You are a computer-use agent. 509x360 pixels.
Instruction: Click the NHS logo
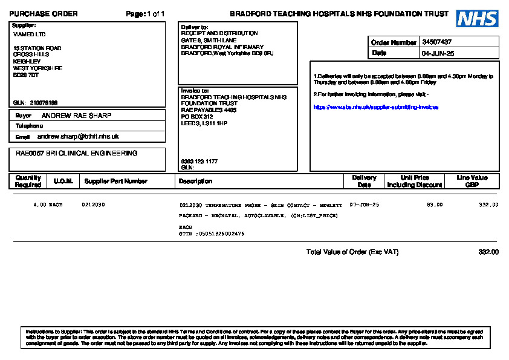tap(477, 19)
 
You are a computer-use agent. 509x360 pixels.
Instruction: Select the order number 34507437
tap(436, 42)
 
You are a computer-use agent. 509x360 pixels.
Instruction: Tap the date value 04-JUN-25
tap(438, 53)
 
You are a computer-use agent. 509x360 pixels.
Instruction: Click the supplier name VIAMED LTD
tap(29, 34)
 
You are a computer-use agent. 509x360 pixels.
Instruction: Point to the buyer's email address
tap(78, 137)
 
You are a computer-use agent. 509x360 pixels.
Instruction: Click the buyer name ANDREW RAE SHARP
tap(76, 116)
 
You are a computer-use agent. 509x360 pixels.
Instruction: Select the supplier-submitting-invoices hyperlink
tap(375, 107)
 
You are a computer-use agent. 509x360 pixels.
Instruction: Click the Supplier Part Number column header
tap(115, 181)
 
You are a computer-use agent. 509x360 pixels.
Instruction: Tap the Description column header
tap(195, 181)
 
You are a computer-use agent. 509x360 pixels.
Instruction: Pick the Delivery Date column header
tap(364, 181)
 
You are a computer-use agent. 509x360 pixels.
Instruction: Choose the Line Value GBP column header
tap(472, 181)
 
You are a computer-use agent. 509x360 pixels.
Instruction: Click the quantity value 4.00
tap(40, 205)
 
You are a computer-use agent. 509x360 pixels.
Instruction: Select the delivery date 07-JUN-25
tap(365, 205)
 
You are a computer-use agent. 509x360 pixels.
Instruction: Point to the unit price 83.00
tap(435, 205)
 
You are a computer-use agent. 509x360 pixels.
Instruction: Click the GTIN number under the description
tap(212, 234)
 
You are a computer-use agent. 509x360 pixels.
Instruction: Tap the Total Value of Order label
tap(352, 252)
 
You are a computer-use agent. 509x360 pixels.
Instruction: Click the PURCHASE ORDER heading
tap(43, 14)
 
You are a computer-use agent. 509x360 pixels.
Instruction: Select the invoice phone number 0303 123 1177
tap(199, 162)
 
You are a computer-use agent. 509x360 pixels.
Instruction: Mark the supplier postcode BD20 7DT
tap(26, 76)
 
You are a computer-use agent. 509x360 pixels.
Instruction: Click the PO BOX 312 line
tap(197, 117)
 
